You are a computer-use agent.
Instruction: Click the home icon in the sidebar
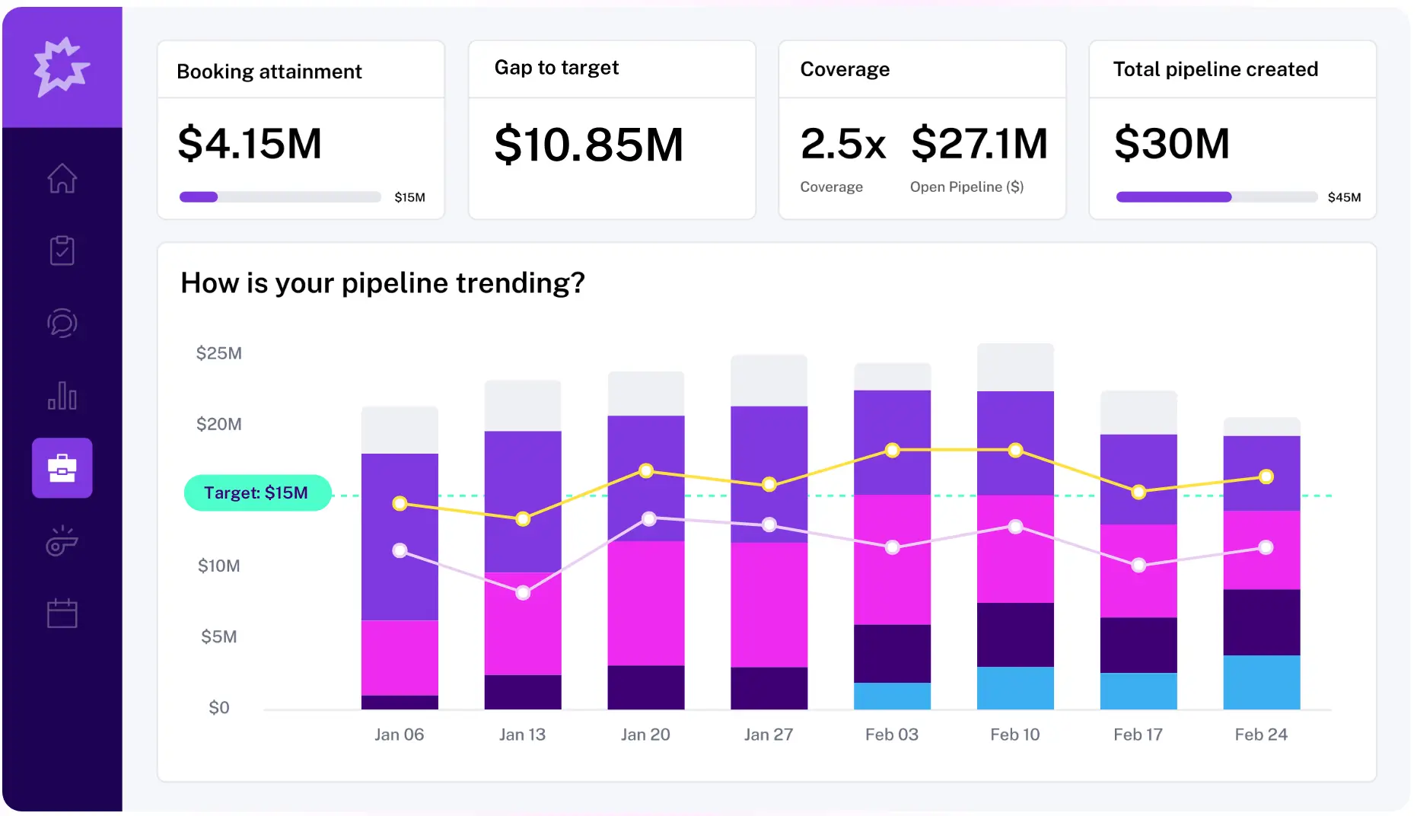click(x=62, y=179)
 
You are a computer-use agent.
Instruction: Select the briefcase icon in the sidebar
click(x=62, y=467)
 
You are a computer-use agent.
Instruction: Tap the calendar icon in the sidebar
click(x=62, y=613)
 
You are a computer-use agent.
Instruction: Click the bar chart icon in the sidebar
click(x=62, y=396)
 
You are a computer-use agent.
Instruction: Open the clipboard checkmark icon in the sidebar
click(x=62, y=250)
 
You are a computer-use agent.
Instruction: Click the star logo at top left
click(x=61, y=66)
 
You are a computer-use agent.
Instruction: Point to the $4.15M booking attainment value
click(x=250, y=143)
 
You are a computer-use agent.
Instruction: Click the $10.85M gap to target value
click(x=588, y=145)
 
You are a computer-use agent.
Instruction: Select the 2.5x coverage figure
click(x=842, y=143)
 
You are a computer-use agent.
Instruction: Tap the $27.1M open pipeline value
click(x=979, y=143)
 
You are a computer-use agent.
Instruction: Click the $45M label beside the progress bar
click(x=1344, y=197)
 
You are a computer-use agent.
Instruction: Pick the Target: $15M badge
click(x=257, y=492)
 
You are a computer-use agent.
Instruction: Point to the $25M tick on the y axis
click(x=219, y=353)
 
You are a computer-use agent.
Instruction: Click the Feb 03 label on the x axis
click(x=891, y=735)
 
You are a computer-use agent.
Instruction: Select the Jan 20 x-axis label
click(x=645, y=735)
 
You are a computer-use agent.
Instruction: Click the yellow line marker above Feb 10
click(x=1015, y=451)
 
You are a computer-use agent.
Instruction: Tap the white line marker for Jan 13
click(x=523, y=593)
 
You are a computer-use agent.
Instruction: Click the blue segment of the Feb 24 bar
click(x=1261, y=682)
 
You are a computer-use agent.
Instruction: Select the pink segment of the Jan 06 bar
click(x=400, y=658)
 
